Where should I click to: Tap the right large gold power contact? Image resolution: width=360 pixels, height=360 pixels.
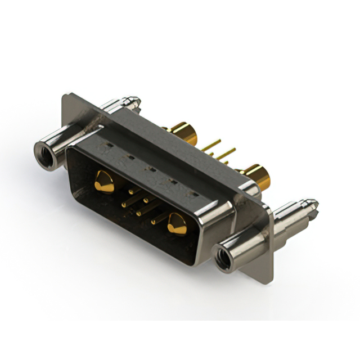176,224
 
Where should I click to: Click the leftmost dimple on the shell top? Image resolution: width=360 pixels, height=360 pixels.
105,148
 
